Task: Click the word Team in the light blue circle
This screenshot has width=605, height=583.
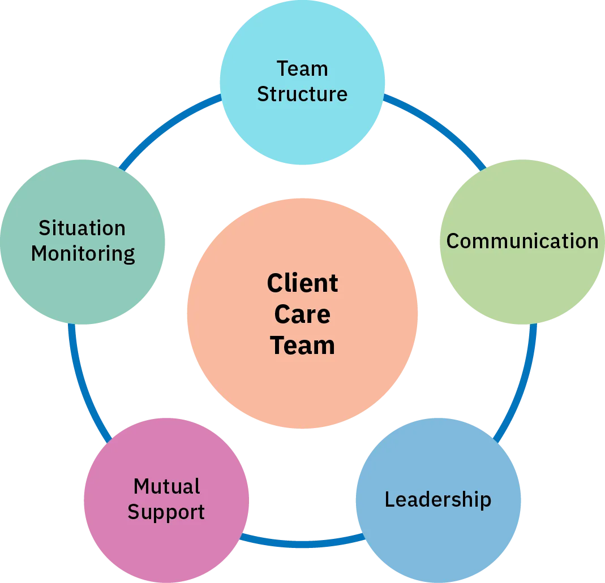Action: [x=302, y=69]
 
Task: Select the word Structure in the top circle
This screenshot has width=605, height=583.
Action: [x=302, y=94]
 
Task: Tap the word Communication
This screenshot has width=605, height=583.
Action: [x=522, y=241]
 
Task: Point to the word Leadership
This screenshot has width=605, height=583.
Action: [x=437, y=499]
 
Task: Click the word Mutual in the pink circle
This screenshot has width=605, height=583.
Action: [x=166, y=486]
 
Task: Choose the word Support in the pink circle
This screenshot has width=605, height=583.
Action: [x=166, y=512]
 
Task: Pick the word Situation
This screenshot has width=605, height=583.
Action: [x=82, y=228]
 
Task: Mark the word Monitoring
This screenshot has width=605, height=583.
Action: [x=83, y=254]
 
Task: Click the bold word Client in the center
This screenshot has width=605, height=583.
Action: [x=302, y=283]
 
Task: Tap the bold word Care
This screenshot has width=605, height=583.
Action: [x=302, y=314]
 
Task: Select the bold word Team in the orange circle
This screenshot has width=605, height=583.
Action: [x=302, y=346]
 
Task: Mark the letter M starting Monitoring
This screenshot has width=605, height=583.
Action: [x=38, y=254]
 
